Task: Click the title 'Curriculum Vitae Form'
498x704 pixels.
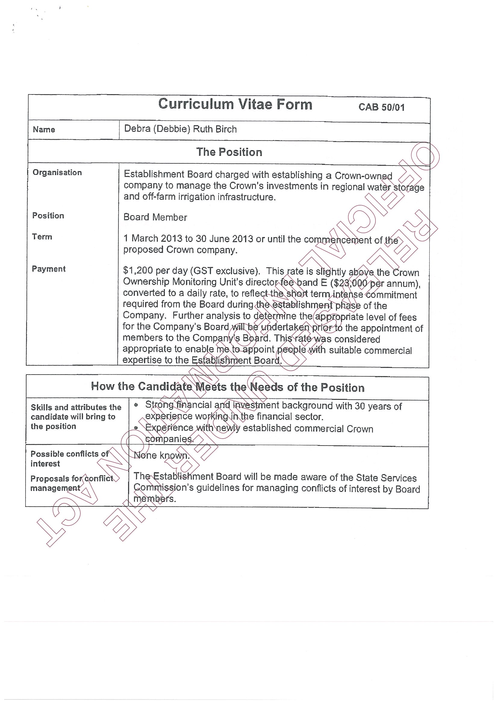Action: pos(235,105)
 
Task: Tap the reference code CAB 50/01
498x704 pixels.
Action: pos(381,107)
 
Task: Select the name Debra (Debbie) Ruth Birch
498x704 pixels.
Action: pos(180,129)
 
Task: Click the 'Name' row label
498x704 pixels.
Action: pos(44,130)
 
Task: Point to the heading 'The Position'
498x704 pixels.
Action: pos(229,152)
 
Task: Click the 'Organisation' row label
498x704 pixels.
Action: pos(57,173)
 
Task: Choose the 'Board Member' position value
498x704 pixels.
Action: pos(155,218)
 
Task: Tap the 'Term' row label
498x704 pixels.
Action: pos(42,237)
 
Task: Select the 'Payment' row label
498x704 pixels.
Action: pos(49,269)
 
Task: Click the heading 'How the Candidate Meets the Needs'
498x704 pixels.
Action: pos(228,387)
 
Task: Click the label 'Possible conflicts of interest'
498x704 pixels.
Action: pos(69,459)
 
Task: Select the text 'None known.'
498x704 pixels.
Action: pos(162,455)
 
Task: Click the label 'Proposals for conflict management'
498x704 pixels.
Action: pos(71,483)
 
